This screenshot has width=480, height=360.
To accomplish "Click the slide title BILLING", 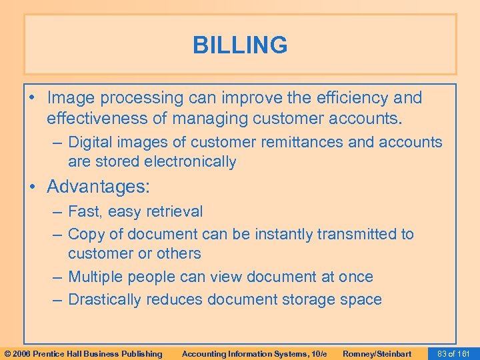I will [x=240, y=45].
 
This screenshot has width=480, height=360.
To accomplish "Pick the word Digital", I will [x=90, y=142].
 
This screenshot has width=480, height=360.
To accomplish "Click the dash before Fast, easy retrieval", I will [x=57, y=212].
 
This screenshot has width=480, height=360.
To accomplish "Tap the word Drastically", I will [x=105, y=299].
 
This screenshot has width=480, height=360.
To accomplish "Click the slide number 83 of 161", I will [x=452, y=353].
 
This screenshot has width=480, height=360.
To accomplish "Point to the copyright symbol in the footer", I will [x=6, y=353].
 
